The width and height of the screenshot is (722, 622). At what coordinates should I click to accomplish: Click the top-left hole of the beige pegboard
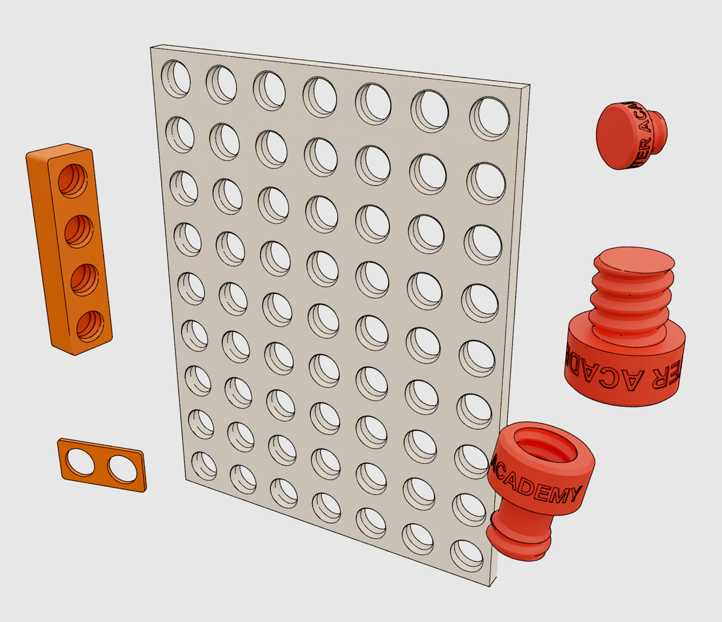coord(176,78)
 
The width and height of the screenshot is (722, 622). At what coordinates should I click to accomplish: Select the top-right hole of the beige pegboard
coord(490,118)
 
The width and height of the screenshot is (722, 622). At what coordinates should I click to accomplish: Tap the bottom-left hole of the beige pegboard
coord(203,466)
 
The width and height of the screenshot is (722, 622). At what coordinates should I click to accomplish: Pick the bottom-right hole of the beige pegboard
coord(467,555)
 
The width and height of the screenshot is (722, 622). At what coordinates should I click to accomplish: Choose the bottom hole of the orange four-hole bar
coord(91,326)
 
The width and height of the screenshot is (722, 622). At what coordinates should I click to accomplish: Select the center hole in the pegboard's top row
coord(320,94)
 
